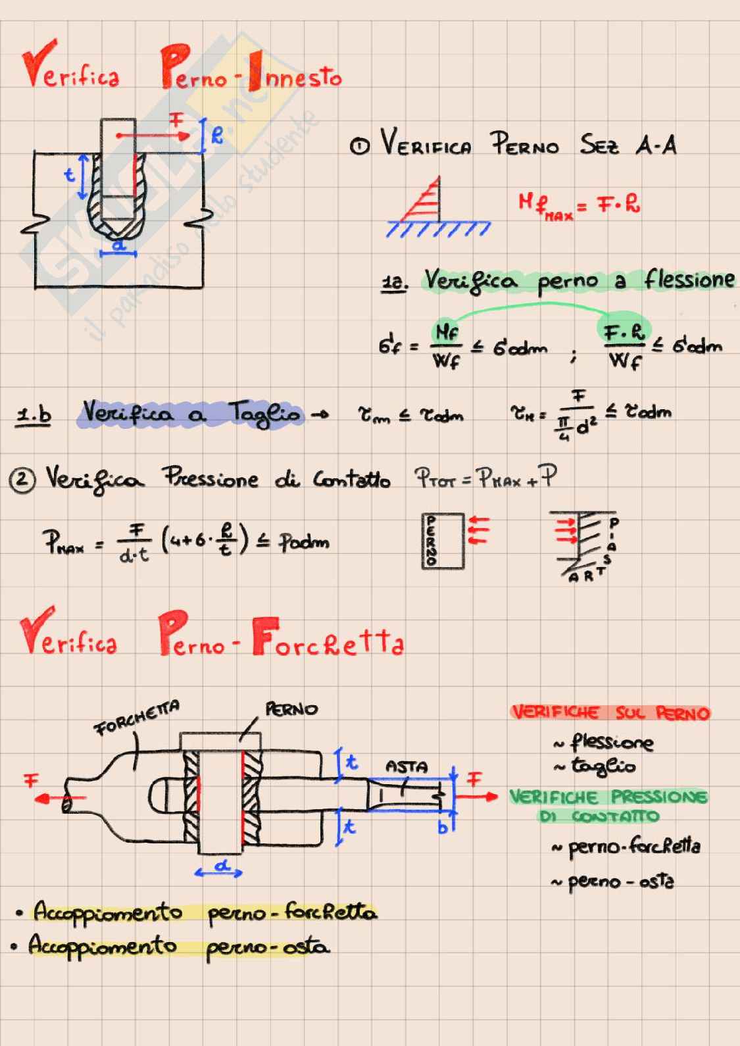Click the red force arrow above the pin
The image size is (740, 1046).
click(x=153, y=136)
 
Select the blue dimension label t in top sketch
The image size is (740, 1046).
click(x=69, y=175)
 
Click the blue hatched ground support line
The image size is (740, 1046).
click(x=438, y=228)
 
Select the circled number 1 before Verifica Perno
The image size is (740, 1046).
click(x=360, y=146)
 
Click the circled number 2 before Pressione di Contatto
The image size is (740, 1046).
click(x=22, y=480)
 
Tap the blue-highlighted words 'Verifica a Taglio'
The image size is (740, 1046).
click(x=191, y=414)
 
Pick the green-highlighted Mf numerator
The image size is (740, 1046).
click(x=447, y=332)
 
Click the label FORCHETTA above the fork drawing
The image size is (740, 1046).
click(x=137, y=718)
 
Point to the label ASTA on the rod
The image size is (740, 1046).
click(x=406, y=766)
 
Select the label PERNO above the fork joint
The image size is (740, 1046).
click(x=291, y=709)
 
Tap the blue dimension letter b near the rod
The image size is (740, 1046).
click(x=443, y=827)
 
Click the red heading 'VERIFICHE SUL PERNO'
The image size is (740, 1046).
click(x=610, y=712)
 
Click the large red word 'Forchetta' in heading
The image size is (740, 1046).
click(x=328, y=642)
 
